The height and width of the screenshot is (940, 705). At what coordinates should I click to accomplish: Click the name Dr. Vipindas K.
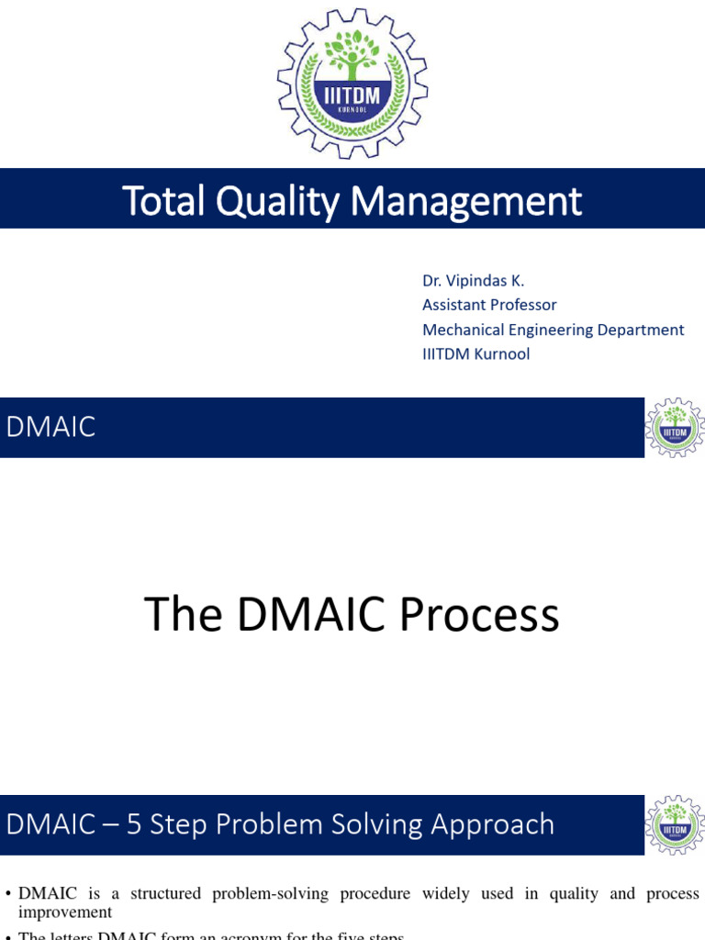473,281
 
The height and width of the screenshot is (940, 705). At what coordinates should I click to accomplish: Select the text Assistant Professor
489,305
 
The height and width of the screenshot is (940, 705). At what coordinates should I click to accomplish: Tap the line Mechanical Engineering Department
553,330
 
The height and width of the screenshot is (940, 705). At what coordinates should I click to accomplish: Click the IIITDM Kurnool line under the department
476,353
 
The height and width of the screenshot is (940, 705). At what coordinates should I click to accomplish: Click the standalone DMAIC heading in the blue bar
50,427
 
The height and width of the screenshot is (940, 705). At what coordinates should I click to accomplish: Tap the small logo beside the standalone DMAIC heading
675,428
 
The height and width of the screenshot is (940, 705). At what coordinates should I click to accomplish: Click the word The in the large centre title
184,615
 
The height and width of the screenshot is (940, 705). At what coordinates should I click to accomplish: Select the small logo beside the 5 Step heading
675,825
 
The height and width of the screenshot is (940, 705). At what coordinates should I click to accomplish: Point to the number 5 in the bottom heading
134,824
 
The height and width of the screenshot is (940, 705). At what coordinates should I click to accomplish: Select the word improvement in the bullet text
65,912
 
